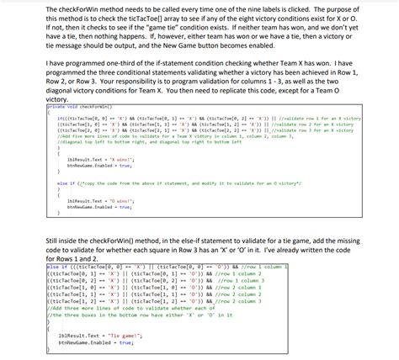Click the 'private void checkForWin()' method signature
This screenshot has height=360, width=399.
pyautogui.click(x=77, y=107)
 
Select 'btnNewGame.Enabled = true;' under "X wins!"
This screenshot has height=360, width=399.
pyautogui.click(x=93, y=165)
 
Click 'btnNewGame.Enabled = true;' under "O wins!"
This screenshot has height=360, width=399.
pyautogui.click(x=93, y=207)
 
